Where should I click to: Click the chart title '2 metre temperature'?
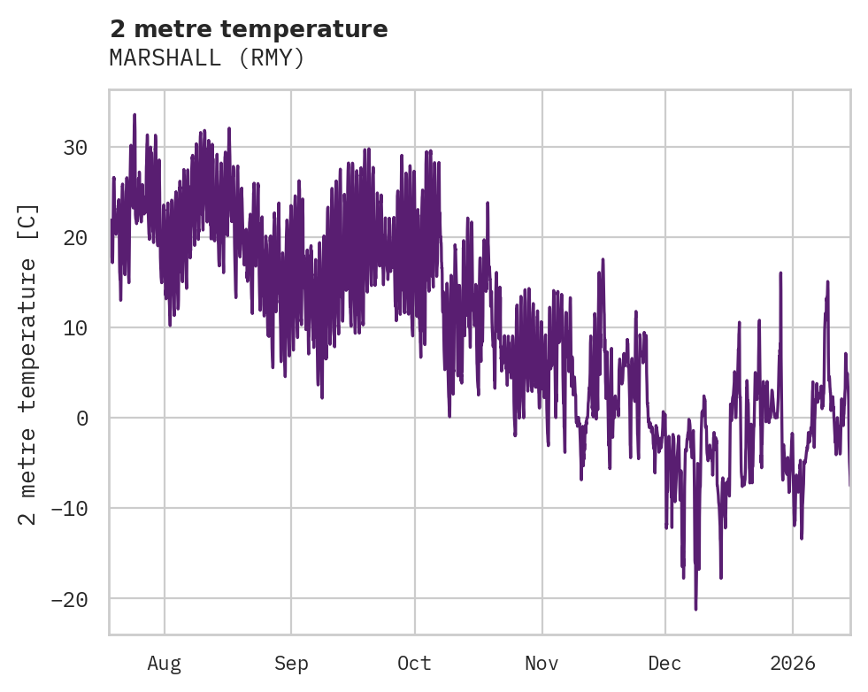[x=249, y=29]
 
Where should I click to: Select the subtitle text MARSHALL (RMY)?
[x=207, y=58]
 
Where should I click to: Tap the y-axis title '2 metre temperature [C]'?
[x=28, y=364]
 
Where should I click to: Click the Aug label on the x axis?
[x=165, y=664]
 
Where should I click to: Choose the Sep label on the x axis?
[x=290, y=664]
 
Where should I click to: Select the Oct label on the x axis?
[x=414, y=664]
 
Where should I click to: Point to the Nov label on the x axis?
[x=542, y=664]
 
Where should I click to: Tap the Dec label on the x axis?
[x=664, y=664]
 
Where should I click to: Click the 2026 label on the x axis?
[x=792, y=664]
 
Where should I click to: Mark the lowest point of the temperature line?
[x=695, y=609]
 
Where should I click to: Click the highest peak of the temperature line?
[x=134, y=114]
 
